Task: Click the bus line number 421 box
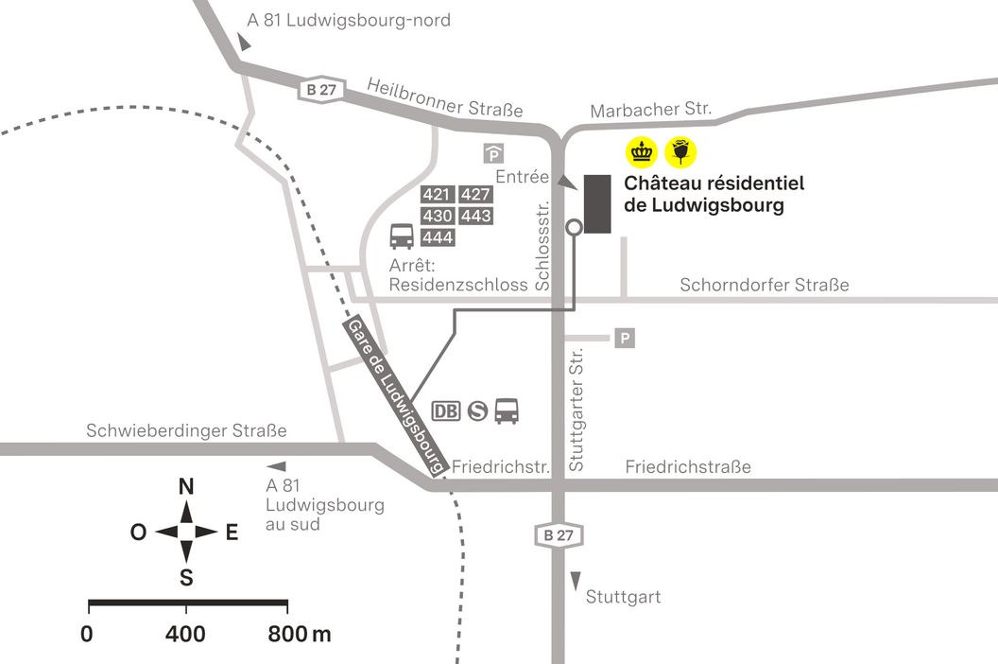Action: pyautogui.click(x=437, y=195)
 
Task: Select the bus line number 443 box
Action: pyautogui.click(x=476, y=216)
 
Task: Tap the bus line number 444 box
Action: pyautogui.click(x=437, y=236)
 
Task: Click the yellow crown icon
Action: pyautogui.click(x=643, y=151)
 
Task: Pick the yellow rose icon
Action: pyautogui.click(x=681, y=151)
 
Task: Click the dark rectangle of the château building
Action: pyautogui.click(x=597, y=203)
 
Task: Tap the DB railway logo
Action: pyautogui.click(x=446, y=411)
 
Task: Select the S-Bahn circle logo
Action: pyautogui.click(x=477, y=411)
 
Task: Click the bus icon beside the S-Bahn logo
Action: pyautogui.click(x=508, y=411)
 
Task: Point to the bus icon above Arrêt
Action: pyautogui.click(x=401, y=235)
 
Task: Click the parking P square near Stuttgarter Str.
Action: pyautogui.click(x=625, y=338)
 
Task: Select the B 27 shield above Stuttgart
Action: pyautogui.click(x=558, y=534)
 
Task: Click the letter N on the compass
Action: pyautogui.click(x=186, y=487)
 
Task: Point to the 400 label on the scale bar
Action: pyautogui.click(x=185, y=634)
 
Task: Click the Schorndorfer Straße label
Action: pyautogui.click(x=765, y=285)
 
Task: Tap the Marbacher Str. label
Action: pyautogui.click(x=650, y=110)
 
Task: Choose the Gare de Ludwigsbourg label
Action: pyautogui.click(x=396, y=397)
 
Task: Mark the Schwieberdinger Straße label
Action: pyautogui.click(x=186, y=431)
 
